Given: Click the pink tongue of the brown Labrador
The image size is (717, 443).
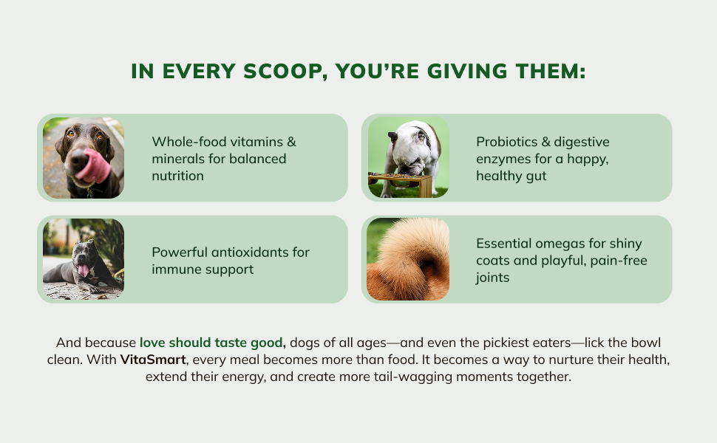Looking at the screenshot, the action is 95,165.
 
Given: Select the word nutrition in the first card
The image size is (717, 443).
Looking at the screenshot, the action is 178,176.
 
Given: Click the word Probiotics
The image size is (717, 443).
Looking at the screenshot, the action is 506,142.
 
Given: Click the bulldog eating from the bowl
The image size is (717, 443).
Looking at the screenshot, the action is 412,151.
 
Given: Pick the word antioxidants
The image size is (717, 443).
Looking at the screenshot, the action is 250,252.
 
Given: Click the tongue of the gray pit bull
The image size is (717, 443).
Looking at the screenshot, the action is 84,270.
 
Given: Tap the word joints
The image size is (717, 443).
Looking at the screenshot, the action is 492,278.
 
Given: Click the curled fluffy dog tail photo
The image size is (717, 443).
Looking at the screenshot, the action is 408,259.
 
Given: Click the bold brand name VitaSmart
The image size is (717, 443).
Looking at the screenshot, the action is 153,360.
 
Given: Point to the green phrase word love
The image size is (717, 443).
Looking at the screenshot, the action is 152,343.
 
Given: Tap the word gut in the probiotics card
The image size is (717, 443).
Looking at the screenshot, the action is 537,176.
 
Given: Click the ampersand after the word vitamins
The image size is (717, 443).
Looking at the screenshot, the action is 291,142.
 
